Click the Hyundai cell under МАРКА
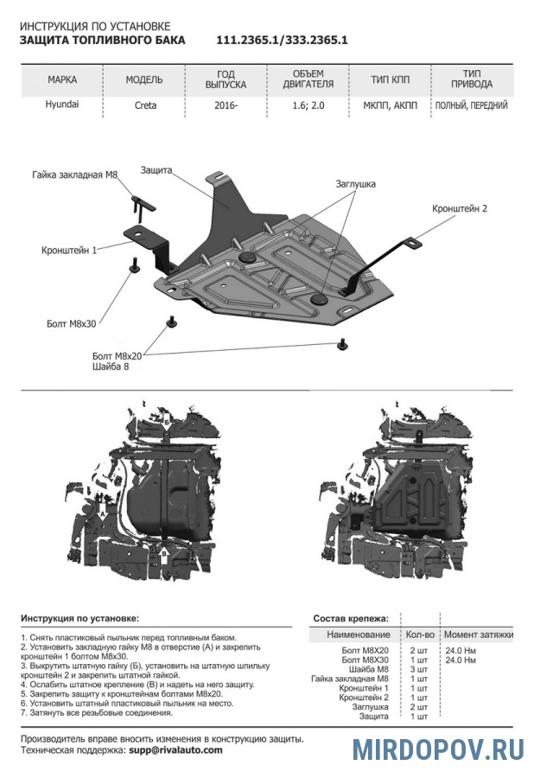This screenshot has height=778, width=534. pyautogui.click(x=61, y=105)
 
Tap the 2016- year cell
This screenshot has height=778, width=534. pyautogui.click(x=226, y=106)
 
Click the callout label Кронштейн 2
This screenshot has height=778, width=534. pyautogui.click(x=461, y=208)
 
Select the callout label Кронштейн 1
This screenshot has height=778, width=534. pyautogui.click(x=68, y=250)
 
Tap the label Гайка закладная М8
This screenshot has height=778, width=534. pyautogui.click(x=74, y=175)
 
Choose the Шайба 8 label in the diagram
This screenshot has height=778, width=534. pyautogui.click(x=110, y=367)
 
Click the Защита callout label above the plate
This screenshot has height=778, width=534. pyautogui.click(x=156, y=170)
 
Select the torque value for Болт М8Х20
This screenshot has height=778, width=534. pyautogui.click(x=458, y=649)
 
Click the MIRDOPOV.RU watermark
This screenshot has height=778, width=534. pyautogui.click(x=439, y=749)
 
